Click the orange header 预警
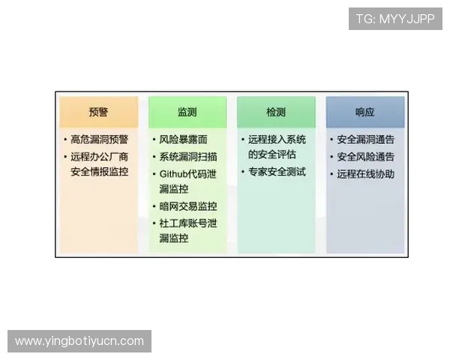pyautogui.click(x=98, y=112)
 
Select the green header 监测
pyautogui.click(x=187, y=112)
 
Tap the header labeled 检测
pyautogui.click(x=276, y=112)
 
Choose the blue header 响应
pyautogui.click(x=364, y=112)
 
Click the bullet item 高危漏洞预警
pyautogui.click(x=100, y=140)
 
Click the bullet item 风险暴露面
pyautogui.click(x=183, y=140)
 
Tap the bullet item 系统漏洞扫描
pyautogui.click(x=188, y=157)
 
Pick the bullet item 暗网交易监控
pyautogui.click(x=188, y=206)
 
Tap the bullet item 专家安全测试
pyautogui.click(x=277, y=172)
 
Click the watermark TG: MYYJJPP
pyautogui.click(x=395, y=19)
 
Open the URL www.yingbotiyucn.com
pyautogui.click(x=79, y=341)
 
